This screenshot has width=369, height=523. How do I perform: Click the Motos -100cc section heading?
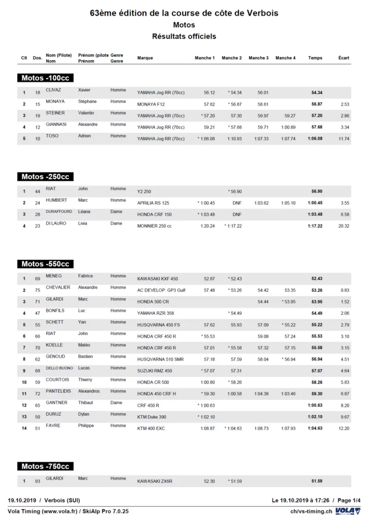tap(45, 78)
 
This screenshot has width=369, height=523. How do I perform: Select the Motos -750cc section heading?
tap(45, 466)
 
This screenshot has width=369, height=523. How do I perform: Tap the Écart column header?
tap(344, 58)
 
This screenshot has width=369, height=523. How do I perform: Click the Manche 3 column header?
tap(258, 58)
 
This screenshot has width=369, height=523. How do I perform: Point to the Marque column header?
tap(145, 58)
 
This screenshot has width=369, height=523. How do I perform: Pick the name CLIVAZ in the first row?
tap(54, 90)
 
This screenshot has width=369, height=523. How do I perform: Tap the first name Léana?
tap(85, 211)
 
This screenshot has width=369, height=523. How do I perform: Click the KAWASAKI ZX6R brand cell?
tap(155, 481)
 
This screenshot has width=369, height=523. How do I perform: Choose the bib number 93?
tap(37, 481)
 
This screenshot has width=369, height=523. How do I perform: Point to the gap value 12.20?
tap(343, 429)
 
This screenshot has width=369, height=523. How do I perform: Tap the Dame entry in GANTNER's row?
tap(116, 402)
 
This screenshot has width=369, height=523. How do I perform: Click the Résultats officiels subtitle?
tap(184, 36)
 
